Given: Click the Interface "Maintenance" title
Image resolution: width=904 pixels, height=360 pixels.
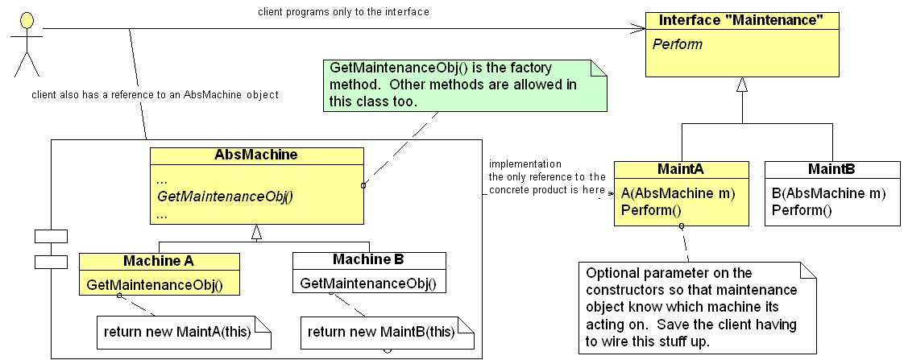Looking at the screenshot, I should click(x=741, y=20).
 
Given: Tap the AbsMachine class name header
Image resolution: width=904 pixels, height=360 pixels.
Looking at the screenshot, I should click(x=255, y=155).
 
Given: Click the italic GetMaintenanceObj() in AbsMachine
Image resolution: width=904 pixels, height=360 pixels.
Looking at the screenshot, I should click(x=225, y=196).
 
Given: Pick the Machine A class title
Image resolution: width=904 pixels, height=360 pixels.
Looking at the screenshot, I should click(x=159, y=261).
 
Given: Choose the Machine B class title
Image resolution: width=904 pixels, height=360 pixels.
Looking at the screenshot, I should click(x=368, y=260).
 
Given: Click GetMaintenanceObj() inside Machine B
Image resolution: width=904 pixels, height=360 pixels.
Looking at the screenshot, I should click(x=368, y=283).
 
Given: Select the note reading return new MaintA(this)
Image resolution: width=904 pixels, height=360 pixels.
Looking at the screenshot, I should click(x=184, y=331).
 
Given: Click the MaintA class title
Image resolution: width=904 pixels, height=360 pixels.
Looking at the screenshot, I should click(x=681, y=170).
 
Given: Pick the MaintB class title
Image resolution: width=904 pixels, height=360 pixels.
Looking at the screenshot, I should click(x=831, y=170).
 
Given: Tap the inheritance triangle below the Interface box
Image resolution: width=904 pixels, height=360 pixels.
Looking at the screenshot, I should click(x=742, y=84).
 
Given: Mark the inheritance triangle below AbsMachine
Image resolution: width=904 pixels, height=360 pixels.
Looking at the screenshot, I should click(x=256, y=233).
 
